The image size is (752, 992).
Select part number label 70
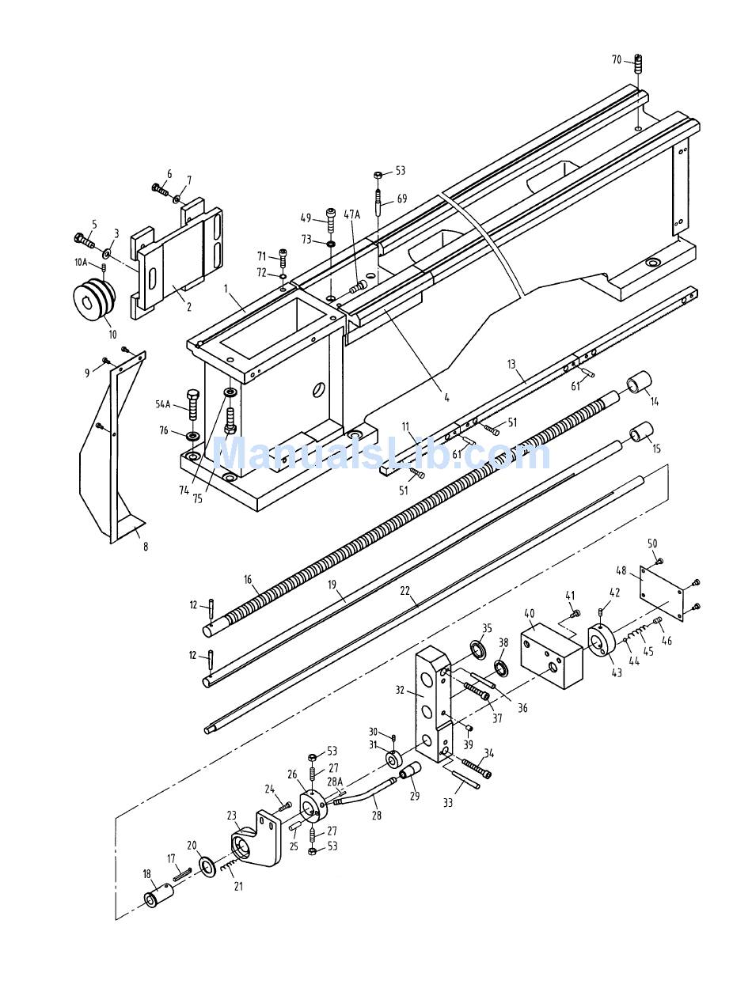pyautogui.click(x=617, y=59)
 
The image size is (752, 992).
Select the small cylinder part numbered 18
pyautogui.click(x=158, y=883)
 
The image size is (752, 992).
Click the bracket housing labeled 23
pyautogui.click(x=255, y=839)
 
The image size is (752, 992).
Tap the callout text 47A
pyautogui.click(x=351, y=214)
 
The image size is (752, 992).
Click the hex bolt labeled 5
pyautogui.click(x=85, y=240)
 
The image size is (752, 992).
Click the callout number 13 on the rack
pyautogui.click(x=511, y=364)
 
